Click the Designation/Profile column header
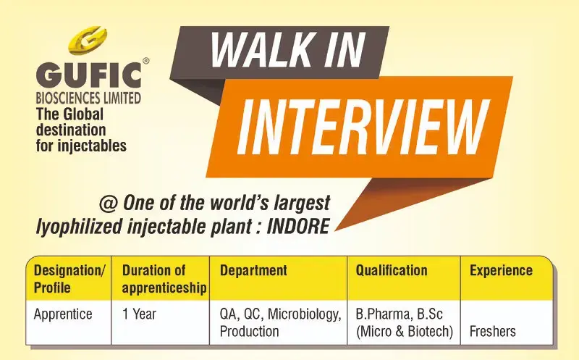[x=69, y=279]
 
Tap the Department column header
[x=253, y=271]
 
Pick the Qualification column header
[x=391, y=271]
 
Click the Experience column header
[x=501, y=271]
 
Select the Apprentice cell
[x=64, y=314]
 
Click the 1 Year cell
[x=139, y=314]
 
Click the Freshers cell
[x=492, y=331]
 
